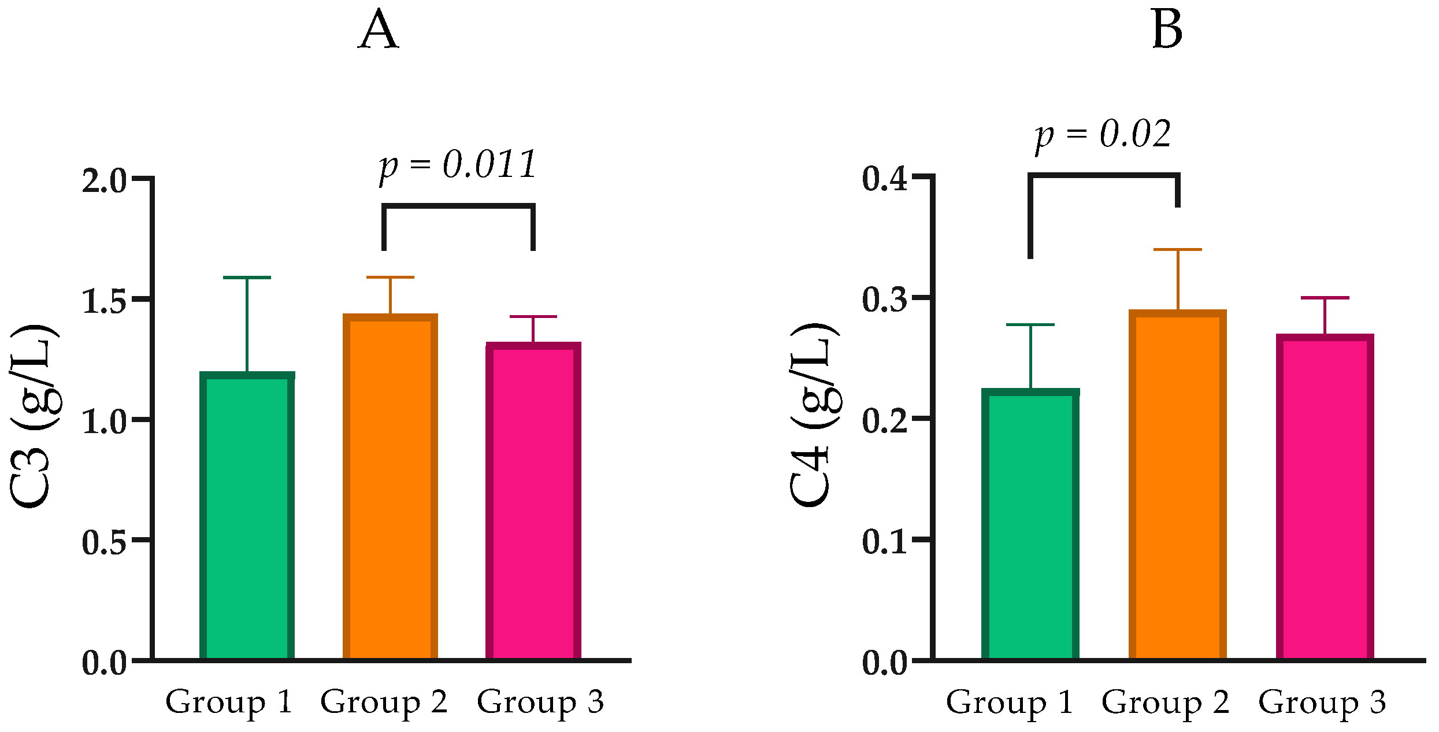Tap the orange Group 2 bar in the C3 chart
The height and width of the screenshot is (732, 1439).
pos(390,486)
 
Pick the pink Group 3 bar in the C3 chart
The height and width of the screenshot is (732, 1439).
pos(533,500)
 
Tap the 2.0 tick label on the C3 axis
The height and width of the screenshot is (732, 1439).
pos(104,181)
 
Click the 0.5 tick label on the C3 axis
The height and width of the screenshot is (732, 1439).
pos(104,542)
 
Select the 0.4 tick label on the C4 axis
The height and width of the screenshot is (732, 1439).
pos(885,179)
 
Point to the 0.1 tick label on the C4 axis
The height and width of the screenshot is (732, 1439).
pos(885,542)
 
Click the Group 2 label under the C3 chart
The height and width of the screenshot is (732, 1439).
pos(384,702)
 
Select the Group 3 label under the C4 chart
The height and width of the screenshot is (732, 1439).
pos(1322,702)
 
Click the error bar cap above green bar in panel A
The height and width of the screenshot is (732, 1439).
pos(247,278)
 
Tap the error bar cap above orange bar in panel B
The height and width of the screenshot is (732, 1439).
pos(1177,250)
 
